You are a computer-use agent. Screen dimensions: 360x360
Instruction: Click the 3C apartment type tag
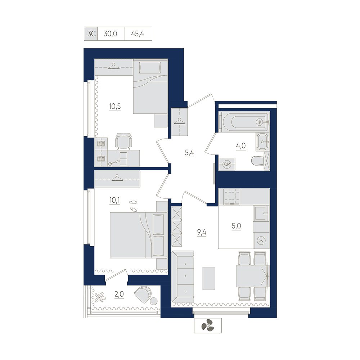point(91,34)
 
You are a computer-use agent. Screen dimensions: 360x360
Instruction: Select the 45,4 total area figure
point(138,34)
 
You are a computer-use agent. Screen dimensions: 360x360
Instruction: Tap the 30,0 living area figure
point(111,34)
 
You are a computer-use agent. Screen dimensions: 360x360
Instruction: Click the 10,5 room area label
point(115,106)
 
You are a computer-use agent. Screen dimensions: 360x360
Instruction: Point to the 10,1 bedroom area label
point(114,200)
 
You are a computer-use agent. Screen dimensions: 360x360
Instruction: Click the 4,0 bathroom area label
point(241,145)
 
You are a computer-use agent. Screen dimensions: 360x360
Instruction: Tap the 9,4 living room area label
point(202,232)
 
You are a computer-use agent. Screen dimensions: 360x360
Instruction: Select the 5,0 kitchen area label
point(236,226)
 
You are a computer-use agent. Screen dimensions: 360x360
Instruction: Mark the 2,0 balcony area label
point(119,294)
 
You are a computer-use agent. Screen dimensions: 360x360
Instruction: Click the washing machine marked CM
point(227,164)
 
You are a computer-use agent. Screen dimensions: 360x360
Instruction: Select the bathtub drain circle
point(260,122)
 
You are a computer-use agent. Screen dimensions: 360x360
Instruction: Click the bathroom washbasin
point(262,142)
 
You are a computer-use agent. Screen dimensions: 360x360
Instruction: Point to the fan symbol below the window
point(208,325)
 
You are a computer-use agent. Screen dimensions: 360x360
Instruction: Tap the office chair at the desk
point(123,141)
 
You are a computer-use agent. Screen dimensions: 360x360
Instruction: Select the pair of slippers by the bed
point(133,206)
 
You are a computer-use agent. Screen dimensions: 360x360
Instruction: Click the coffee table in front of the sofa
point(209,278)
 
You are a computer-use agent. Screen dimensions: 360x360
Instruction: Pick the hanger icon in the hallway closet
point(180,121)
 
